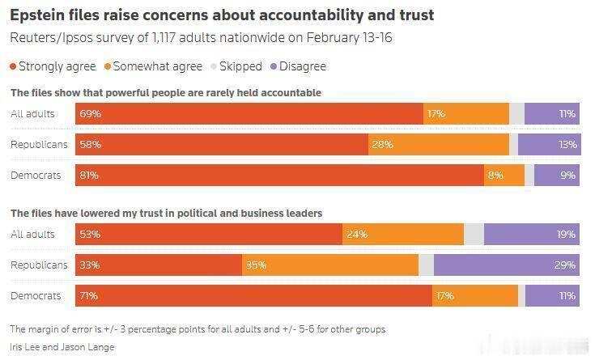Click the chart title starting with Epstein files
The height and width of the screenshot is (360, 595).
pos(221,15)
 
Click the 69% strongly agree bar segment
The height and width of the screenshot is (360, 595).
pos(249,114)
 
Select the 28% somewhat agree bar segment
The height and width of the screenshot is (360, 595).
pos(439,144)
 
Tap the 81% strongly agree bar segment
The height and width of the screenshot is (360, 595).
pos(279,175)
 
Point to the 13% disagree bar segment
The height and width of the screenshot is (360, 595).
pos(549,144)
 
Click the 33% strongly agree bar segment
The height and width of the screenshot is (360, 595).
pos(159,265)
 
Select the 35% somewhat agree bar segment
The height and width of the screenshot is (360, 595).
pos(330,265)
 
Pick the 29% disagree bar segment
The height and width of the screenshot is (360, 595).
pos(507,265)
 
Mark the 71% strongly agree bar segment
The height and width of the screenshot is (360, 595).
pos(254,295)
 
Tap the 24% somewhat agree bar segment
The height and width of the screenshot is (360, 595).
pos(403,235)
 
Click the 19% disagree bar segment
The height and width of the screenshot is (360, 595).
pos(532,235)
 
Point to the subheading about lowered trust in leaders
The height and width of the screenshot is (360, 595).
pos(166,214)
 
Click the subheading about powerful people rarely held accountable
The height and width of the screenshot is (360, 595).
pos(166,93)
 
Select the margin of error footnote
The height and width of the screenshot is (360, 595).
pos(198,329)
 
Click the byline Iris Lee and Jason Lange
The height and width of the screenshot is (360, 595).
pos(62,347)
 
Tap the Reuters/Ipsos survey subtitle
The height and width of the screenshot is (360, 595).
pos(184,38)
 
